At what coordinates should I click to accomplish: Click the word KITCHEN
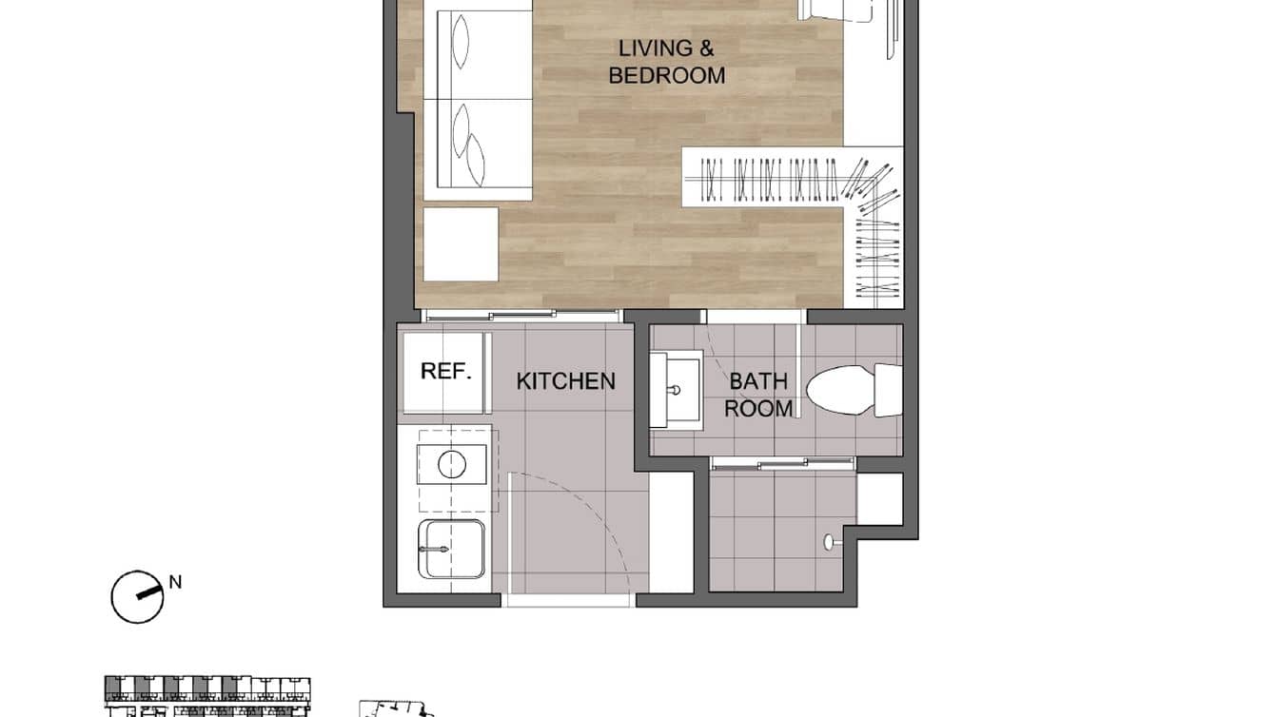click(565, 381)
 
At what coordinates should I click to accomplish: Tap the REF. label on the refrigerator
click(446, 371)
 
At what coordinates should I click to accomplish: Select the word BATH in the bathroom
click(758, 381)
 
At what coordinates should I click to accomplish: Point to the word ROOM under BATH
click(758, 409)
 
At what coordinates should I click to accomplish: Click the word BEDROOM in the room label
click(666, 76)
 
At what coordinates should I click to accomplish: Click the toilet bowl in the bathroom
click(840, 391)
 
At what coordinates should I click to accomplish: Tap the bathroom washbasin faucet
click(674, 390)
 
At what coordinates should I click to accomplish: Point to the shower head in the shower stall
click(829, 541)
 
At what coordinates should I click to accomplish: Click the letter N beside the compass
click(175, 582)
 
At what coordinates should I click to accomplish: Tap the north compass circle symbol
click(136, 596)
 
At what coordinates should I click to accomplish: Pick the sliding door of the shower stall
click(783, 463)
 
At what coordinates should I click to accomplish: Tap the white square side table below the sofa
click(461, 244)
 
